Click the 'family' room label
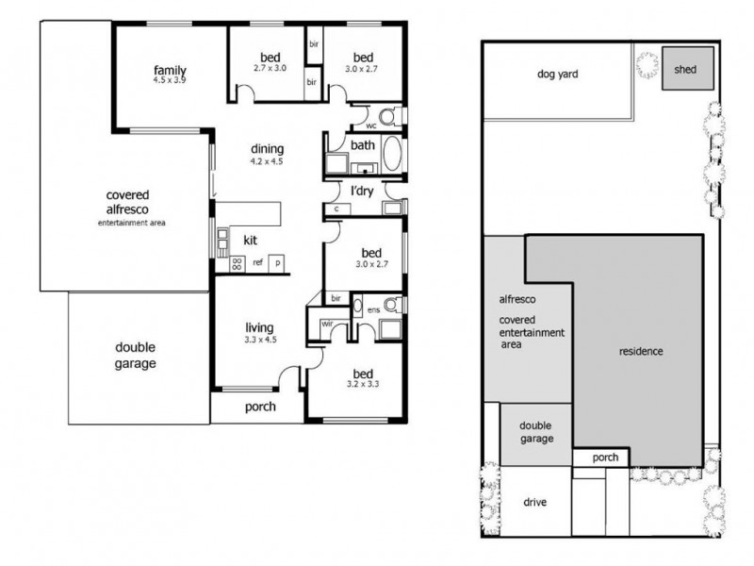point(171,70)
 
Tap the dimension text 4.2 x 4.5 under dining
point(267,162)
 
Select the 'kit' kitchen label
point(251,240)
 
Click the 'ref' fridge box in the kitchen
point(256,263)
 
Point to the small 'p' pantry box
point(278,263)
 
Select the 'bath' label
point(363,145)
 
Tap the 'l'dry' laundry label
point(364,191)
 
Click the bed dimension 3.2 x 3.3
point(364,385)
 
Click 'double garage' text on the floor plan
point(136,354)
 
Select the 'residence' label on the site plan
point(641,352)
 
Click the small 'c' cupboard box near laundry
point(336,208)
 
